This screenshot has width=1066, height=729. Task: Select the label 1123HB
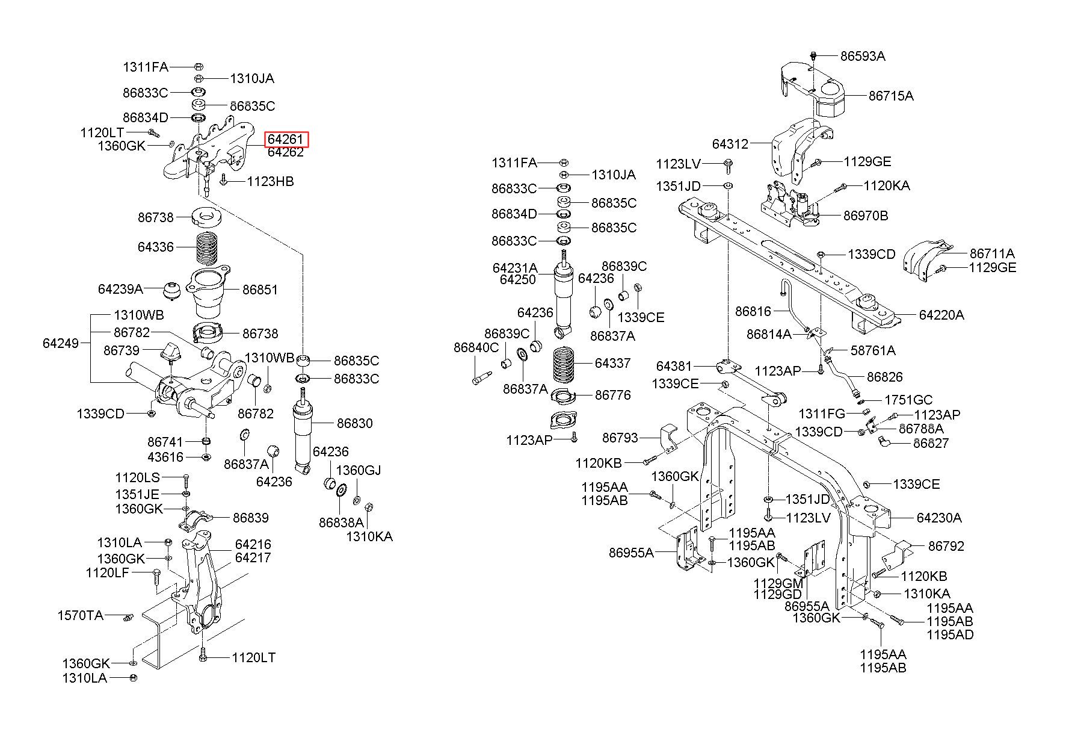point(271,181)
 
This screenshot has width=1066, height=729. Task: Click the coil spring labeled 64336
point(207,248)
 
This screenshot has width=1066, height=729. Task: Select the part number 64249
point(61,343)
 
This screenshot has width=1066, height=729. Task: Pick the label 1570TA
point(81,615)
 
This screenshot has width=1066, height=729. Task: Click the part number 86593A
point(863,56)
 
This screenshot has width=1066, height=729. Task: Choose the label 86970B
point(866,216)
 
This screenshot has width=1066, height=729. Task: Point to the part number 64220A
point(941,314)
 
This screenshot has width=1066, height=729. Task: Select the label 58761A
point(873,350)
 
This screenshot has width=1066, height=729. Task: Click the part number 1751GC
point(908,400)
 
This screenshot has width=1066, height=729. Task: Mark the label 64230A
point(939,518)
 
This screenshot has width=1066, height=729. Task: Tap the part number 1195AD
point(950,634)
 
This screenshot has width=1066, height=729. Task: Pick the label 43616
point(165,457)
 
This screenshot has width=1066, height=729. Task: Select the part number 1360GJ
point(359,470)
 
